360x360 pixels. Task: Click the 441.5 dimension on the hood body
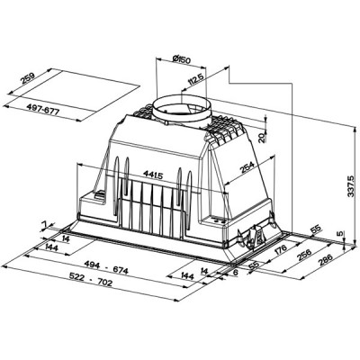pos(150,174)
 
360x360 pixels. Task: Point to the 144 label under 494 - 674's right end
pos(186,274)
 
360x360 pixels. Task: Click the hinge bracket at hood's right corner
pos(247,236)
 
